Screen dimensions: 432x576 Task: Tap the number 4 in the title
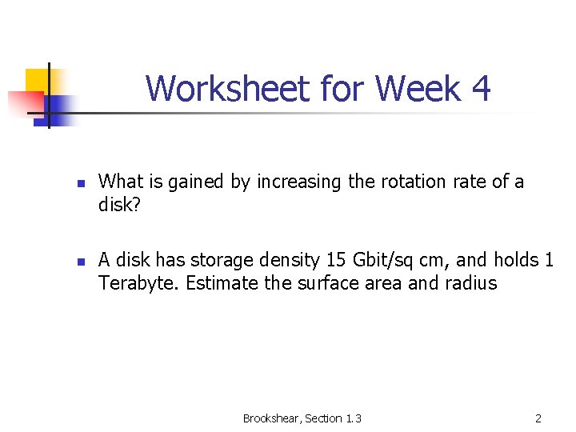pos(481,88)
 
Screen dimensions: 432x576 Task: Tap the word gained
pos(199,182)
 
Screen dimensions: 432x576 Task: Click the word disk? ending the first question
pos(119,206)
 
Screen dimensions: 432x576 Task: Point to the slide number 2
pos(538,418)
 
